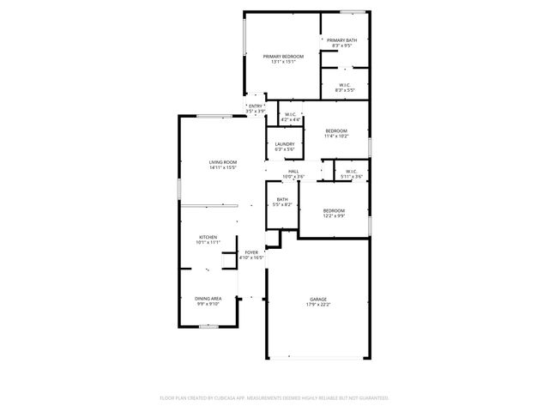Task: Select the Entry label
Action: pyautogui.click(x=256, y=107)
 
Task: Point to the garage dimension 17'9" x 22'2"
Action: pyautogui.click(x=318, y=305)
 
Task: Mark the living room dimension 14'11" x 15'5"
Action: pyautogui.click(x=223, y=168)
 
